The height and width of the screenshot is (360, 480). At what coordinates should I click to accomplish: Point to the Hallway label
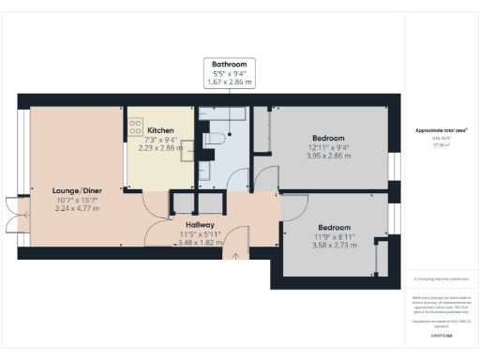(199, 224)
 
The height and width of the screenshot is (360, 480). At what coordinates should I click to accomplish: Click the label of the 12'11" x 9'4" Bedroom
(328, 137)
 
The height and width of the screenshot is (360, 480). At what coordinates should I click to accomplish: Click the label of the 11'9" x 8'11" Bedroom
(335, 228)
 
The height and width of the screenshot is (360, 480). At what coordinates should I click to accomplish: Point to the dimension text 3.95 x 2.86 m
(328, 156)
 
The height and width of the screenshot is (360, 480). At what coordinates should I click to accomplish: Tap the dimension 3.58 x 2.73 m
(335, 246)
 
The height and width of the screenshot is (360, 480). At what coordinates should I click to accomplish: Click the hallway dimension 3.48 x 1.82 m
(199, 242)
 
